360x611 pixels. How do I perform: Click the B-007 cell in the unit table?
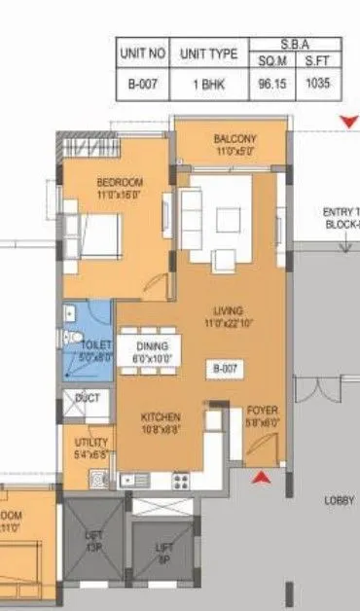click(x=142, y=84)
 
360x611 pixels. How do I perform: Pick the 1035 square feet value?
click(x=316, y=84)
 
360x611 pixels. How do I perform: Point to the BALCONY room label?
click(x=234, y=139)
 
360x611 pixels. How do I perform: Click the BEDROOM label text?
click(x=120, y=182)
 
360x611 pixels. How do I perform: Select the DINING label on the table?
click(x=151, y=346)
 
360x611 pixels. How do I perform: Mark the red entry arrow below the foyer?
click(x=260, y=477)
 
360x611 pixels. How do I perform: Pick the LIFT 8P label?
click(x=164, y=553)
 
